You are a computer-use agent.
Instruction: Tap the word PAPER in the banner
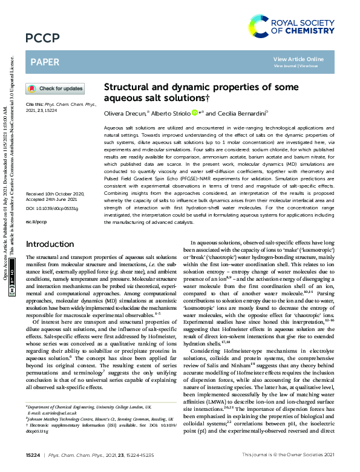[44, 62]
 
